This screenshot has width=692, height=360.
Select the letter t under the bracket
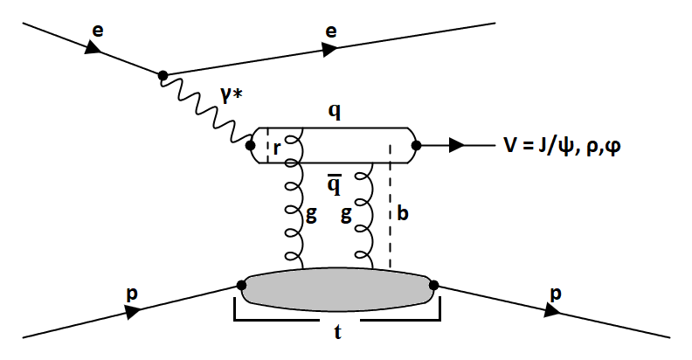(x=336, y=333)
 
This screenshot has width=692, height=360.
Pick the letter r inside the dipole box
(x=277, y=148)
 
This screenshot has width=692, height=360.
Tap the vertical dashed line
(x=389, y=218)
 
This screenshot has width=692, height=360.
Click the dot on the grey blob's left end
(x=240, y=284)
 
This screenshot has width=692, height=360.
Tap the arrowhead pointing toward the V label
(x=456, y=146)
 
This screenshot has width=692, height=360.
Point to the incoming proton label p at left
(x=131, y=295)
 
